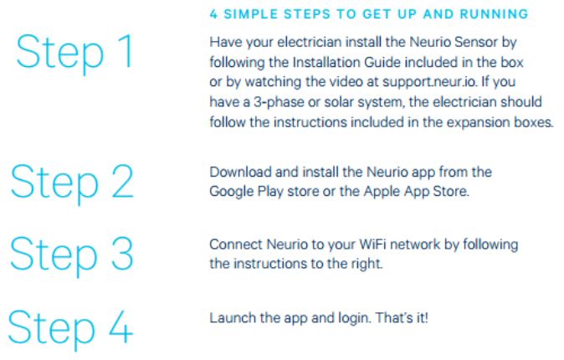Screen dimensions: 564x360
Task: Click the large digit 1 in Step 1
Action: tap(126, 51)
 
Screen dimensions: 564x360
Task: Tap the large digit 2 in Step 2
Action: tap(123, 181)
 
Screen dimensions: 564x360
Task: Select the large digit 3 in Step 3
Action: tap(122, 254)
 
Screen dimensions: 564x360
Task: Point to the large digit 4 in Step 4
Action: tap(121, 327)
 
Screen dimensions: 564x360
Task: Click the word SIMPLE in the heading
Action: tap(251, 14)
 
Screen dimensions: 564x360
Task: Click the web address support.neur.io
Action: tap(429, 82)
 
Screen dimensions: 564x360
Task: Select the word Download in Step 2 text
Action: tap(240, 172)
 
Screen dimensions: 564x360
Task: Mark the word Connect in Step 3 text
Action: tap(236, 244)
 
